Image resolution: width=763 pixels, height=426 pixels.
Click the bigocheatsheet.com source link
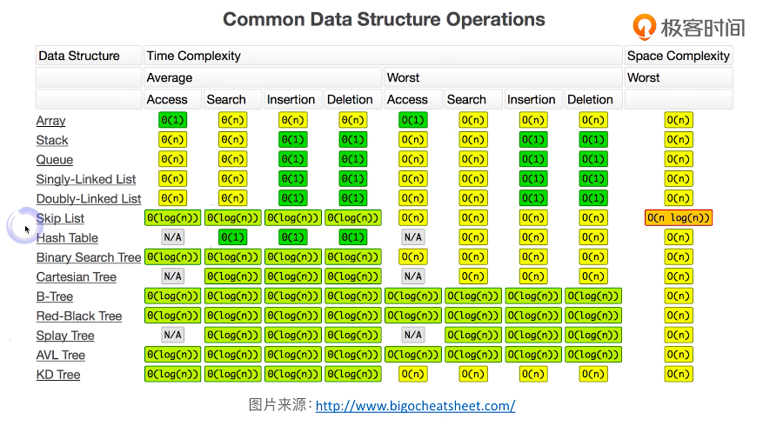[415, 406]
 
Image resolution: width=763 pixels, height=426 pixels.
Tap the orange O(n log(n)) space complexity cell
[679, 218]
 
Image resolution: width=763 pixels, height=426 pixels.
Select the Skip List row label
[60, 218]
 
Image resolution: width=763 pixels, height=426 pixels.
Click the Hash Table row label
[67, 238]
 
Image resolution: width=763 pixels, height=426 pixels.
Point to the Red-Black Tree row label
[79, 316]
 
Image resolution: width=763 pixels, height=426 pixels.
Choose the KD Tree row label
[58, 375]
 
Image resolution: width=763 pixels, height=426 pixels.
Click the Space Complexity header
[679, 56]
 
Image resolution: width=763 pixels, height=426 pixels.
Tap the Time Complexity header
[194, 56]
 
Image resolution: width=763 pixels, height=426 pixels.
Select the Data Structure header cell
[79, 56]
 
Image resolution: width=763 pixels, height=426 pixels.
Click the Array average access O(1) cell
[173, 120]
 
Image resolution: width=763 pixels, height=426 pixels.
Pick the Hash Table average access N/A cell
[173, 237]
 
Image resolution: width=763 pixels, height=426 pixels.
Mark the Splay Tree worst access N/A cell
[413, 335]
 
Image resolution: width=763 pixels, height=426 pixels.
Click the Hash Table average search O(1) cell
[232, 237]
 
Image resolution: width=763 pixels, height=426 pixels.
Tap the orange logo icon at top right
[644, 26]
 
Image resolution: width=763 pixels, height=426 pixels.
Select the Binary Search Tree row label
[89, 257]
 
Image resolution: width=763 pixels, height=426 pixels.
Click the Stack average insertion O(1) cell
[293, 140]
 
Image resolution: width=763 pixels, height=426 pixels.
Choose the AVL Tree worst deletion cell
[593, 355]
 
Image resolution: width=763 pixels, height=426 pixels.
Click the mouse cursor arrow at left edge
[27, 230]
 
